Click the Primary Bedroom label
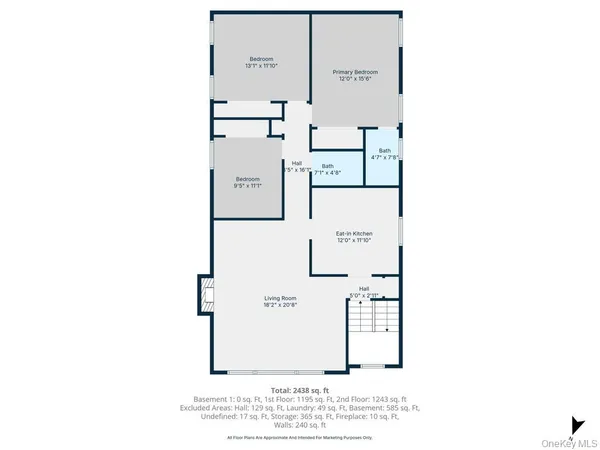tap(355, 72)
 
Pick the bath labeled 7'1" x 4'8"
tap(328, 169)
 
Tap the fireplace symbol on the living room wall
tap(204, 296)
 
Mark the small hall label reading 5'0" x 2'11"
tap(364, 292)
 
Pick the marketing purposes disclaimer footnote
tap(299, 437)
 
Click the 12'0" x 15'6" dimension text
tap(355, 78)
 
